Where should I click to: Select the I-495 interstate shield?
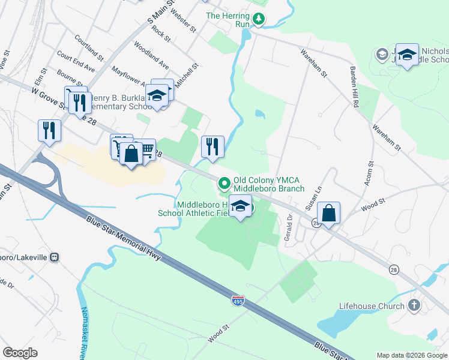pos(238,298)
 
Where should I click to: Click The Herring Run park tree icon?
pos(259,19)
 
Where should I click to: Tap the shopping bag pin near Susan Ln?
pos(328,213)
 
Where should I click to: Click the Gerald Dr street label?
pos(289,225)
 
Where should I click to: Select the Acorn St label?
pos(368,173)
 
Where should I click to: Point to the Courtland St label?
pos(89,47)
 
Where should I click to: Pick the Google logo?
pos(20,353)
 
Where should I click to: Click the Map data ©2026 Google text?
pos(411,355)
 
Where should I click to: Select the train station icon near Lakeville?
pos(55,257)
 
